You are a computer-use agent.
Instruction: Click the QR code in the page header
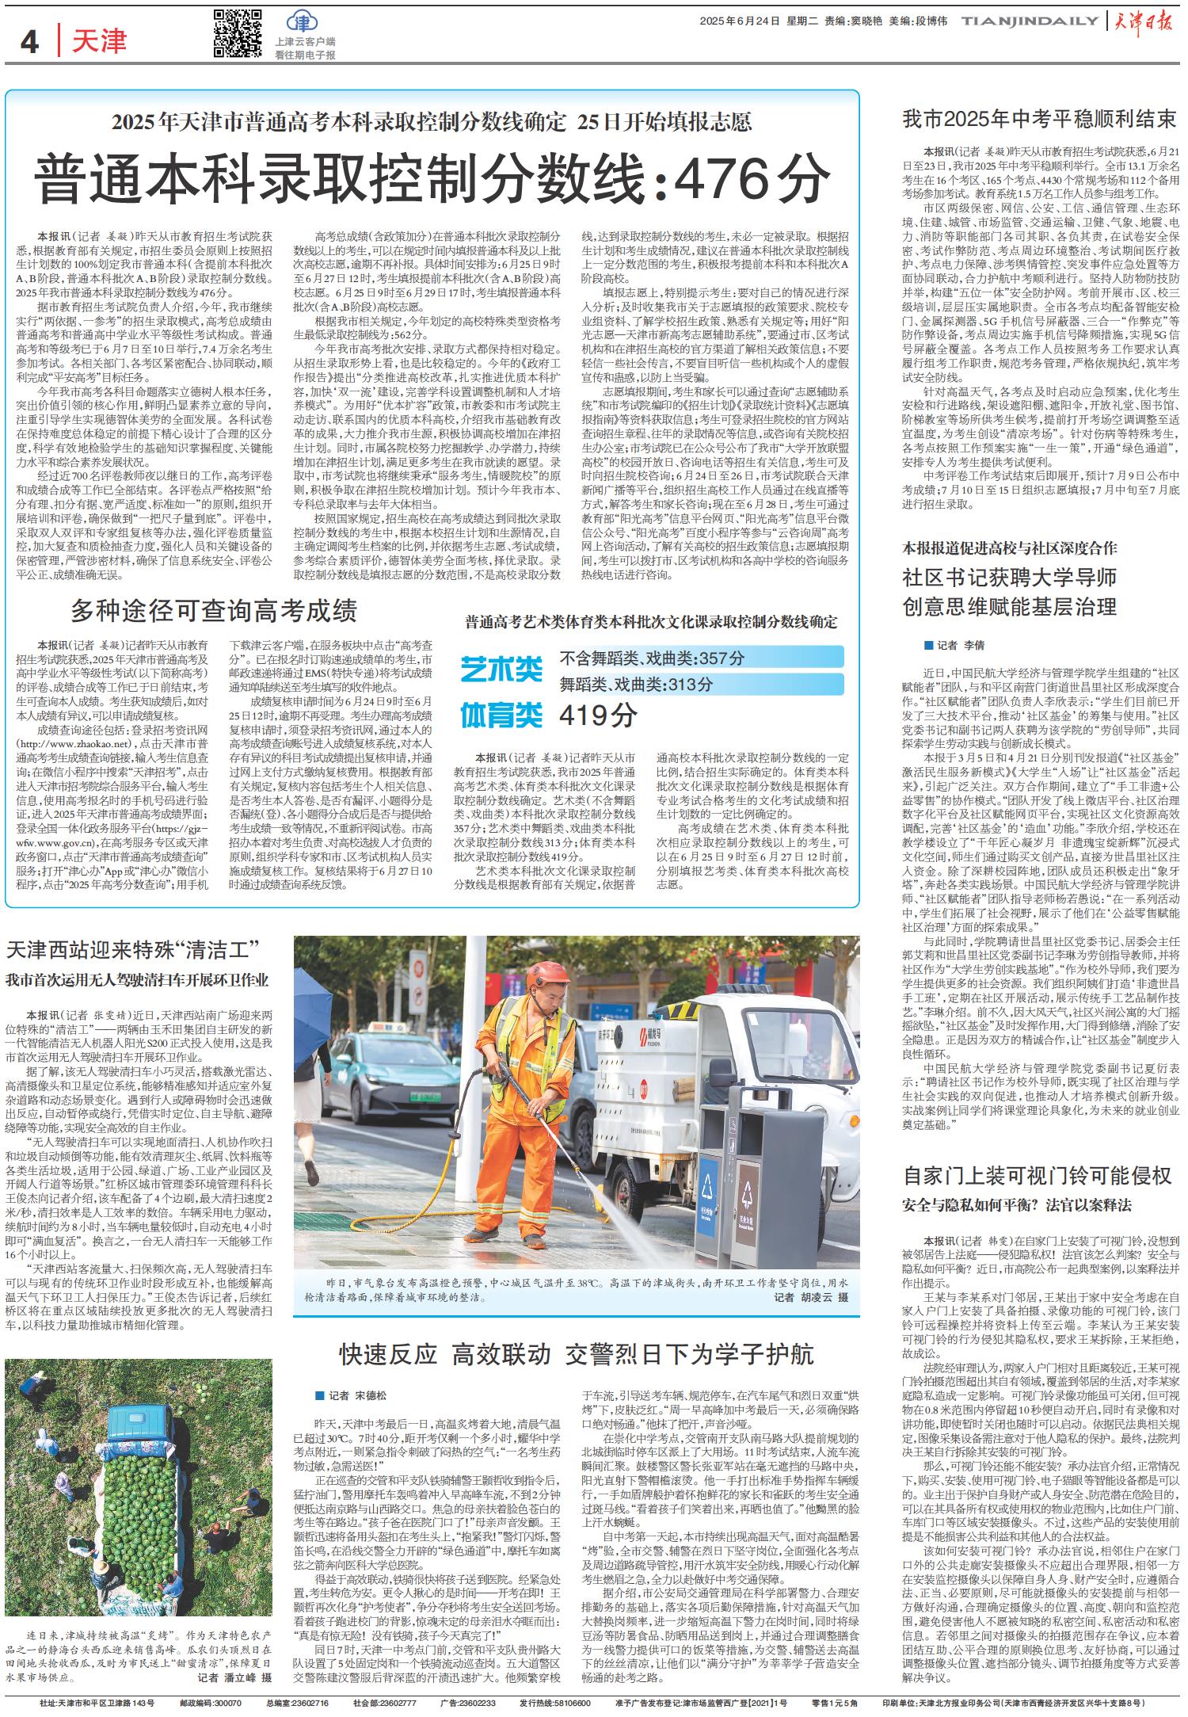click(238, 33)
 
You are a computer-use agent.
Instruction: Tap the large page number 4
click(30, 41)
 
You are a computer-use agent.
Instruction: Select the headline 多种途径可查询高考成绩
click(215, 611)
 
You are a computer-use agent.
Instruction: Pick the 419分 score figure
click(599, 715)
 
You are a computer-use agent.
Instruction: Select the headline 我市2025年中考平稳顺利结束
click(1040, 120)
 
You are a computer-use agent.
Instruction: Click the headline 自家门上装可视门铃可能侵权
click(1037, 1176)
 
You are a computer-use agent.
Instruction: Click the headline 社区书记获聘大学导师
click(1009, 576)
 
